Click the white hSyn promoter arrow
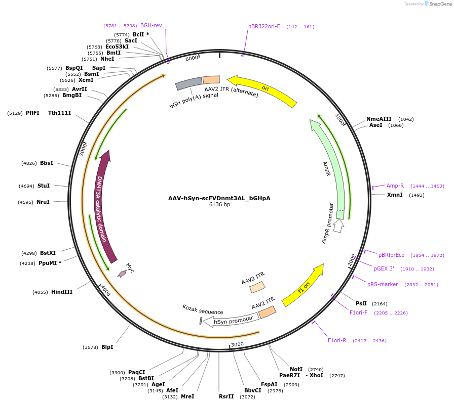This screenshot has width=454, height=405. coord(233,320)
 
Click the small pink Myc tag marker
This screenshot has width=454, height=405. coord(122,274)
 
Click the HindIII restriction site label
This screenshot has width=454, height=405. coord(62,292)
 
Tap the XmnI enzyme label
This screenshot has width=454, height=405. coord(395,195)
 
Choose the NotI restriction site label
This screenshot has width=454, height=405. coord(296,369)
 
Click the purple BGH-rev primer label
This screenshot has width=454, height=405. coord(151,25)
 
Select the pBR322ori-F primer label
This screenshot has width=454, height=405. coord(264,26)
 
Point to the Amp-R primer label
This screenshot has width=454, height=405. coord(395,186)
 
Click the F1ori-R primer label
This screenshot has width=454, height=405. coord(337,340)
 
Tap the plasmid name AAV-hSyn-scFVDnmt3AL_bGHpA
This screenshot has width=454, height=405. coord(219,198)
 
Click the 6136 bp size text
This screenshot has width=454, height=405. coord(219,205)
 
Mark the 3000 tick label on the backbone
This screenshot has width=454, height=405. coord(237,344)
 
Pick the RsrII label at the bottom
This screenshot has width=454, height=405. coord(226,396)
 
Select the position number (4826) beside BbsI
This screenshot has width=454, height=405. coord(29,163)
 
